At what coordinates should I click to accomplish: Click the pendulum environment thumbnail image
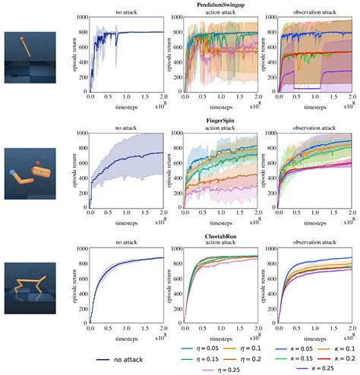coord(24,57)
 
